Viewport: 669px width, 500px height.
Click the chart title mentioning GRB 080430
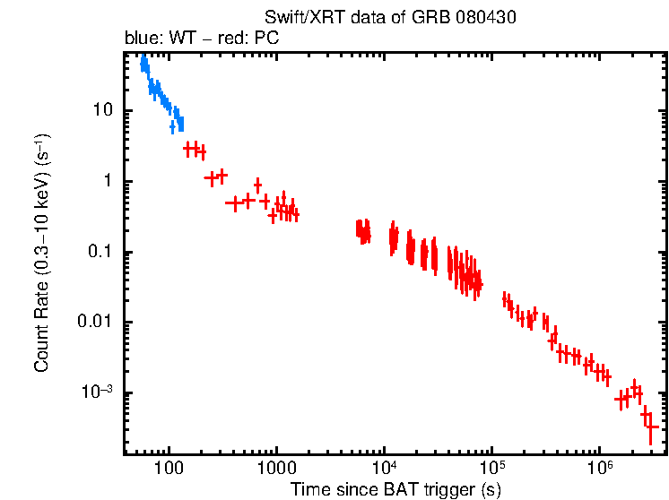coord(390,17)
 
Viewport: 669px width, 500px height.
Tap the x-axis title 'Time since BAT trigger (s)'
coord(395,489)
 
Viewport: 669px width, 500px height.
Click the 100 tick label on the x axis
coord(168,469)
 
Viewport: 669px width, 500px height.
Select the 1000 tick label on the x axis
coord(276,469)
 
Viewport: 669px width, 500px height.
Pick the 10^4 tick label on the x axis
coord(384,469)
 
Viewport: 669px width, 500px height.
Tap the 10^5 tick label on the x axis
coord(491,469)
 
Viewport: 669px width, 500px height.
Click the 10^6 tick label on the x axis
coord(599,469)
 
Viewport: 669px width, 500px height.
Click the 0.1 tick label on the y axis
coord(100,252)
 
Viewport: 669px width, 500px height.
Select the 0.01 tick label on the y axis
coord(96,323)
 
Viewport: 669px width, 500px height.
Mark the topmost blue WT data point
coord(143,59)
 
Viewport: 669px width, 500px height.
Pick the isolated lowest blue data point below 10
coord(172,128)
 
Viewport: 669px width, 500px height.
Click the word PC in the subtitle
coord(267,39)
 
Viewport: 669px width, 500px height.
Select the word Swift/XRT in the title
coord(294,17)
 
